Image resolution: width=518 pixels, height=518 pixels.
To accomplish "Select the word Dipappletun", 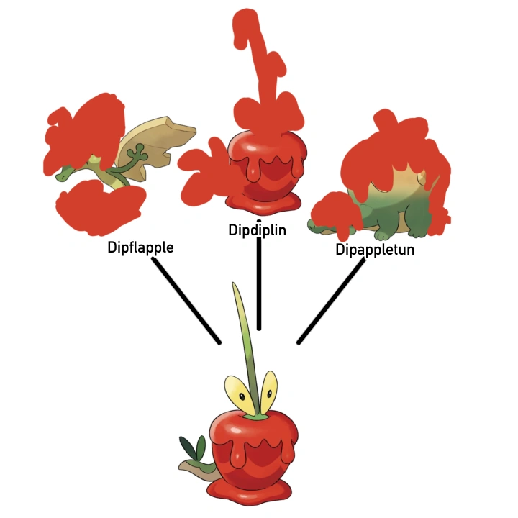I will (375, 250).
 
